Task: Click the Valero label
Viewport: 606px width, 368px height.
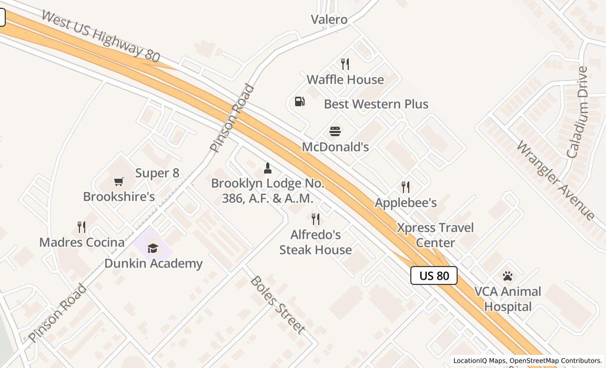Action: coord(329,19)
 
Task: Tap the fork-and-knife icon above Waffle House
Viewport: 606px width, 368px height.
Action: coord(345,64)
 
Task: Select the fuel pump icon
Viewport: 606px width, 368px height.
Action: coord(299,101)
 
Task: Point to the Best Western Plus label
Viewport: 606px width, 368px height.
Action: coord(376,104)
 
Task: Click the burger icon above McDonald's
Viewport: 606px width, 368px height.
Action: coord(335,131)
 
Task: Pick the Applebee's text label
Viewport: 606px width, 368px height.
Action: coord(406,203)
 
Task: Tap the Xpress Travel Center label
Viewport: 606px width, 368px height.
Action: coord(435,235)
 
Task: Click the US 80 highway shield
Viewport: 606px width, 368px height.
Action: coord(433,275)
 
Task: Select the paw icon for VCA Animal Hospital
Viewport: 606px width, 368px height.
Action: coord(507,276)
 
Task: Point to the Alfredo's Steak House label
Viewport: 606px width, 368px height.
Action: coord(315,242)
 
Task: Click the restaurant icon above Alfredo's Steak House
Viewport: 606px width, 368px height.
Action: coord(316,219)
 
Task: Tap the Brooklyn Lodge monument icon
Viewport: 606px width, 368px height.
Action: coord(267,168)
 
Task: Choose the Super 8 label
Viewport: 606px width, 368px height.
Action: coord(157,173)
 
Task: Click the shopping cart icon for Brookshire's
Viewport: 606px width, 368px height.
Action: coord(119,182)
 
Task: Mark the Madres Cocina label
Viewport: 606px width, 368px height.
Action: coord(82,242)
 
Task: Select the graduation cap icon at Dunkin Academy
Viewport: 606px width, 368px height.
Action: coord(153,248)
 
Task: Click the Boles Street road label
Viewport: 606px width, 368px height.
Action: coord(277,305)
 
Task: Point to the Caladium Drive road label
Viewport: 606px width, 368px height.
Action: coord(577,112)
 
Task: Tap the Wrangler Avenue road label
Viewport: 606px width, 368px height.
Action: coord(555,180)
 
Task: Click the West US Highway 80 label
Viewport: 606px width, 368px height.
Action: coord(100,36)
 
